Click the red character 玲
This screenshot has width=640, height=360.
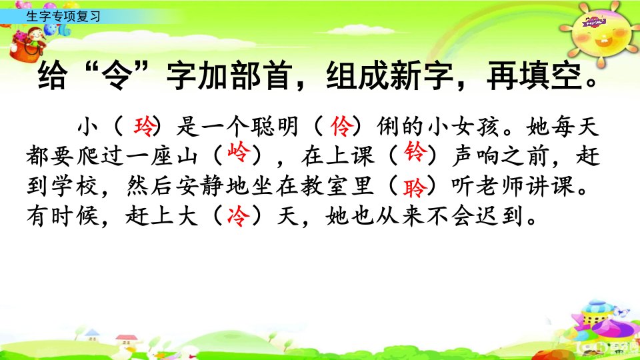pyautogui.click(x=144, y=127)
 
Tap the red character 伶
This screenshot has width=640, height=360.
pyautogui.click(x=341, y=127)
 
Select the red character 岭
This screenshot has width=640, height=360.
pyautogui.click(x=238, y=153)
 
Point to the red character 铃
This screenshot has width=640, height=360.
pyautogui.click(x=415, y=152)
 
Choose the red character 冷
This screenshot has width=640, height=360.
pyautogui.click(x=238, y=216)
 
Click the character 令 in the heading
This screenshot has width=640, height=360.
pyautogui.click(x=117, y=76)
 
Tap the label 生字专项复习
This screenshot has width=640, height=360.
pyautogui.click(x=63, y=16)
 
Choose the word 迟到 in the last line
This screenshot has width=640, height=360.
pyautogui.click(x=500, y=216)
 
